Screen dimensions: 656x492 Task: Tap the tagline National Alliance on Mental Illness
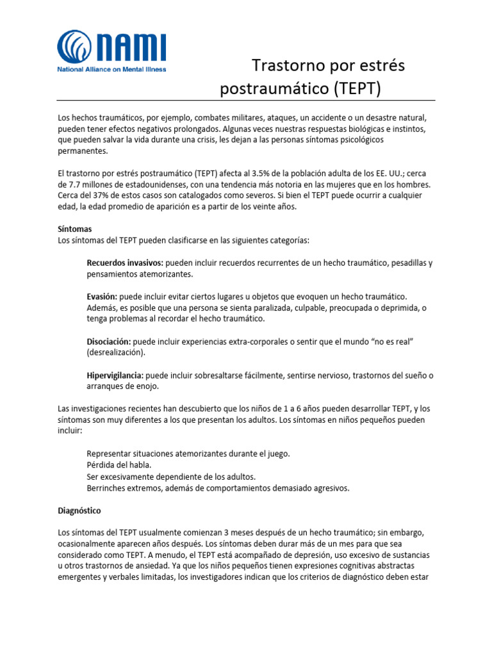tap(111, 69)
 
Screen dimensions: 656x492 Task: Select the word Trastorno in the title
tap(284, 65)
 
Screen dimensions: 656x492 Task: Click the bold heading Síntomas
tap(75, 229)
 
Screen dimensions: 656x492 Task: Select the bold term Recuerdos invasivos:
tap(125, 263)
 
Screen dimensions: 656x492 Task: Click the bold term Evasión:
tap(101, 297)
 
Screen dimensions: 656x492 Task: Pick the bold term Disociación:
tap(109, 341)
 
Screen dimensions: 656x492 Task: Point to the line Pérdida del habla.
tap(119, 465)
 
